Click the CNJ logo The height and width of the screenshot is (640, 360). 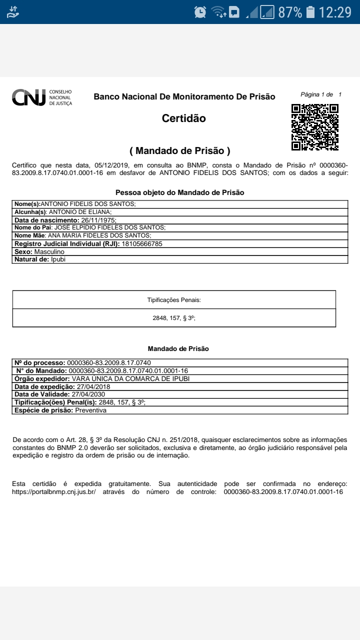(x=42, y=98)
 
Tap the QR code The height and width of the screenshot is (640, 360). (x=315, y=127)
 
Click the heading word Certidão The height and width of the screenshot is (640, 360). (x=183, y=118)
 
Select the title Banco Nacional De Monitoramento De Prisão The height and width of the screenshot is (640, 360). (x=184, y=96)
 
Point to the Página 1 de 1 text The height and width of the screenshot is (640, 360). (x=321, y=94)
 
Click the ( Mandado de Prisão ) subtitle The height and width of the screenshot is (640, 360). (x=180, y=150)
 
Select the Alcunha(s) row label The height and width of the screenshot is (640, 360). (x=30, y=212)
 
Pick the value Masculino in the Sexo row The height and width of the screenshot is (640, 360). (x=49, y=251)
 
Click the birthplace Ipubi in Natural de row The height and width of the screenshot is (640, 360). (x=58, y=259)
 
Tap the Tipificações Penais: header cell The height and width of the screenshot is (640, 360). (x=174, y=300)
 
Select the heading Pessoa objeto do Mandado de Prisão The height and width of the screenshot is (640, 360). (x=180, y=192)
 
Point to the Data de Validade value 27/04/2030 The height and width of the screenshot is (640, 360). (x=88, y=394)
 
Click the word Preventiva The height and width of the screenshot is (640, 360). (x=90, y=410)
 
